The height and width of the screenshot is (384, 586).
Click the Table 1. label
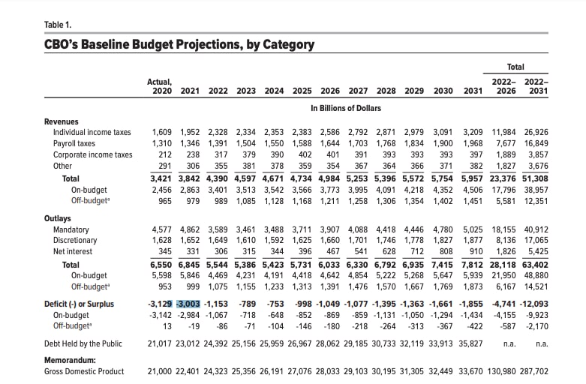[58, 25]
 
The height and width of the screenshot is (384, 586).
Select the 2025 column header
[302, 91]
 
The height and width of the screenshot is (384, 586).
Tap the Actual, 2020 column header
[160, 87]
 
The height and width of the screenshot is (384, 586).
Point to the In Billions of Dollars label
[346, 108]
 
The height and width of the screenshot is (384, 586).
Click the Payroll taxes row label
[74, 144]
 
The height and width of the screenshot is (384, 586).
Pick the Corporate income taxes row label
[93, 154]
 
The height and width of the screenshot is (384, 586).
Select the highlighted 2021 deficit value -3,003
[188, 304]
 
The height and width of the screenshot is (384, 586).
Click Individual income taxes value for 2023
[246, 132]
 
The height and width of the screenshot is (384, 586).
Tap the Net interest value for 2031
[475, 252]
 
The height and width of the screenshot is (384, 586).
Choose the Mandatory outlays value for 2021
[190, 229]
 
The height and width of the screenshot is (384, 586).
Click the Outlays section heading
[58, 218]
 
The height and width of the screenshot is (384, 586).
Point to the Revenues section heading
[62, 121]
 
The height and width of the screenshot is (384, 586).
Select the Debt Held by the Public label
[83, 343]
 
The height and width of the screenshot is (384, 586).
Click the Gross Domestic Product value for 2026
[328, 372]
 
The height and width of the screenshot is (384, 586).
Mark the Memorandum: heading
[70, 361]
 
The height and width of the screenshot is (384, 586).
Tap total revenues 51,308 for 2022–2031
[535, 179]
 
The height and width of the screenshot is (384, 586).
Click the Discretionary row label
[75, 241]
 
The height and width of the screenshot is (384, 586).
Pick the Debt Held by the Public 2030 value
[440, 343]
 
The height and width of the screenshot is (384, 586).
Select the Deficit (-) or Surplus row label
[79, 304]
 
